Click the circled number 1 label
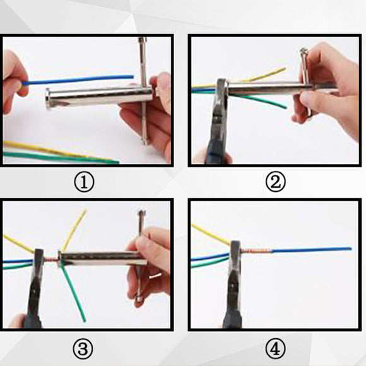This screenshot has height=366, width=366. pos(84,182)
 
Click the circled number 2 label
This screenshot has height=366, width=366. pos(276,182)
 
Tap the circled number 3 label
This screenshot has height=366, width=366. pos(83,349)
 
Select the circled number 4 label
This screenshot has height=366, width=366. pos(276,349)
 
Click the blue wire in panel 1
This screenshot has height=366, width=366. pos(77,80)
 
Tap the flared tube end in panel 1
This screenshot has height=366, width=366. pos(47,98)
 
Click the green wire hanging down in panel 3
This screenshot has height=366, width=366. pos(73,295)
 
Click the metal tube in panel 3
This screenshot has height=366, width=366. pos(103,259)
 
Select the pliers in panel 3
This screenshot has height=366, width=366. pos(35,290)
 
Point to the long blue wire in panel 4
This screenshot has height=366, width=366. pos(312,250)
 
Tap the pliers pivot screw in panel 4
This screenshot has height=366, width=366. pos(234,285)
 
